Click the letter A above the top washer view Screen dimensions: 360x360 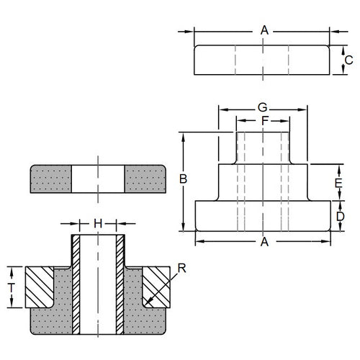[x=264, y=30]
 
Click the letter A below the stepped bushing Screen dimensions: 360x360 [x=264, y=243]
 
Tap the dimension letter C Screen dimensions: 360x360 [x=348, y=60]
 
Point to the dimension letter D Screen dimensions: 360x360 [x=341, y=216]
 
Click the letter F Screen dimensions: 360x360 [x=264, y=121]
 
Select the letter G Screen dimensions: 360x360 [x=264, y=108]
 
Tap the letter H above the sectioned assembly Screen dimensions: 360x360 [x=98, y=222]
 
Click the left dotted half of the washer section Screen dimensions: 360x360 [x=50, y=179]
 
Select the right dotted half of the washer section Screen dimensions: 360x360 [x=146, y=179]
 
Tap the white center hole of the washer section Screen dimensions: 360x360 [x=98, y=179]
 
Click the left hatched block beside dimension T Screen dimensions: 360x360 [x=40, y=285]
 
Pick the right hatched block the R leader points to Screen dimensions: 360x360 [x=156, y=285]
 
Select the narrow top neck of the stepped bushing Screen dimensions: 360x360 [x=263, y=148]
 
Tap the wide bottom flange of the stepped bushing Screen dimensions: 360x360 [x=264, y=215]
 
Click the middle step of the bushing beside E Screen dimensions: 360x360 [x=264, y=183]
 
